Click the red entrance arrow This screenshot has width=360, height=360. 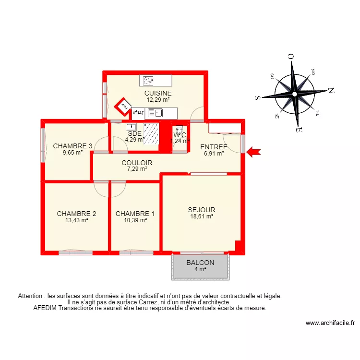pyautogui.click(x=253, y=153)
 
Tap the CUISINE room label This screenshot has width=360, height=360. pyautogui.click(x=158, y=93)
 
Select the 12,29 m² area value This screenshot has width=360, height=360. pyautogui.click(x=158, y=100)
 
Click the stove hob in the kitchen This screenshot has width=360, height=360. pyautogui.click(x=148, y=80)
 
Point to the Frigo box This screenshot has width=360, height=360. pyautogui.click(x=137, y=112)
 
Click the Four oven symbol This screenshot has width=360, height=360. pyautogui.click(x=124, y=106)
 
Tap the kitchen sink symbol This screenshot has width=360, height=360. pyautogui.click(x=155, y=113)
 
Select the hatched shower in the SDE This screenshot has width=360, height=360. pyautogui.click(x=151, y=134)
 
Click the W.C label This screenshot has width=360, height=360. pyautogui.click(x=180, y=135)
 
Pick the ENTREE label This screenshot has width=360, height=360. pyautogui.click(x=214, y=147)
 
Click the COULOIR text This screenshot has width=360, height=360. pyautogui.click(x=137, y=163)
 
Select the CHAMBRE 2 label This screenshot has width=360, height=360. pyautogui.click(x=76, y=214)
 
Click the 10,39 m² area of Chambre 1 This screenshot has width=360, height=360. pyautogui.click(x=135, y=220)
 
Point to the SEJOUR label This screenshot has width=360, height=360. pyautogui.click(x=202, y=210)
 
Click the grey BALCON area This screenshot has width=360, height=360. pyautogui.click(x=200, y=266)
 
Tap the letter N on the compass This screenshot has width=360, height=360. pyautogui.click(x=331, y=90)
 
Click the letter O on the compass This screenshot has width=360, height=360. pyautogui.click(x=290, y=56)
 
